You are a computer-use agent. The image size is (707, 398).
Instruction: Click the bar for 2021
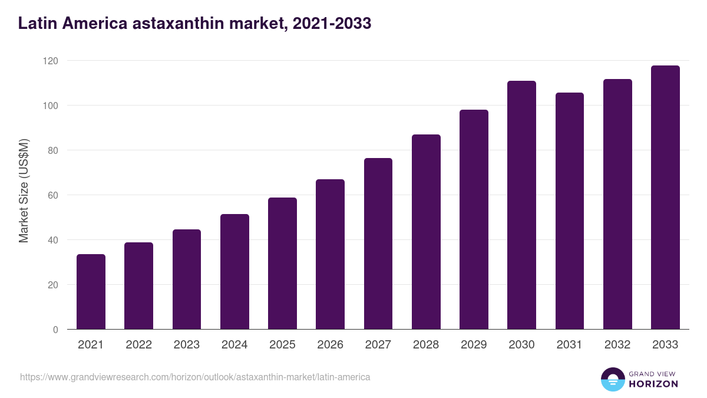91,292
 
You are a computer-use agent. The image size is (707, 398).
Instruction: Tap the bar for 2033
665,198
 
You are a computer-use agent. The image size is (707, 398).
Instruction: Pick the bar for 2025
282,264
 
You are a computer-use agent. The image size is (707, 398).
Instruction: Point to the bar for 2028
426,232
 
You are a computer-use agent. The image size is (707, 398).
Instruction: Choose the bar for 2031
569,211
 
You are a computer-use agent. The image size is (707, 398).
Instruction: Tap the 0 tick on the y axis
55,330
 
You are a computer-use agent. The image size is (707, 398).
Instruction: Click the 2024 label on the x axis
234,345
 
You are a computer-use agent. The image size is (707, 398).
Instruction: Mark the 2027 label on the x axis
378,345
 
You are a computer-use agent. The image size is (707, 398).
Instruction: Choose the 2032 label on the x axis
617,345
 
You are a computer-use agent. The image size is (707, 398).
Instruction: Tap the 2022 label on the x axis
138,345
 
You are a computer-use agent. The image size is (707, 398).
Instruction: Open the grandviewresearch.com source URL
195,377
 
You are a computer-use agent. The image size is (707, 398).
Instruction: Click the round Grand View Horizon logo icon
612,379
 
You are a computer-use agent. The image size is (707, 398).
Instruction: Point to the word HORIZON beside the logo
653,384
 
